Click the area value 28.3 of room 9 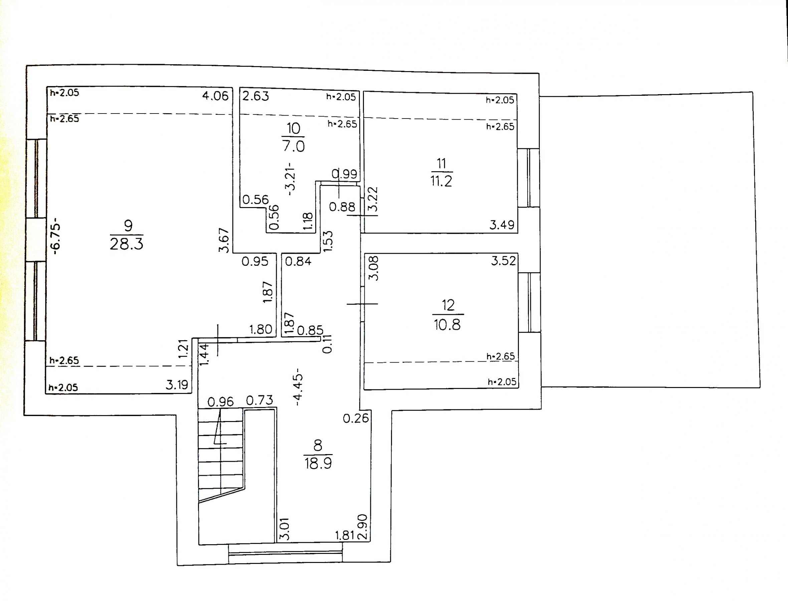(x=126, y=244)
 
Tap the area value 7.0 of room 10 (x=293, y=146)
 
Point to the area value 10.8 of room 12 (x=447, y=325)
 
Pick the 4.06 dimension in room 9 (x=215, y=96)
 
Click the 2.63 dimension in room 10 (x=255, y=96)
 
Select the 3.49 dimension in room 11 (x=502, y=225)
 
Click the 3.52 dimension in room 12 (x=503, y=261)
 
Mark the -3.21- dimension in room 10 (x=291, y=179)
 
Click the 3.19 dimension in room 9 (x=177, y=385)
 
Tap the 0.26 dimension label (x=356, y=418)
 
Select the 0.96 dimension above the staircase (x=220, y=402)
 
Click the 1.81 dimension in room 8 (x=345, y=535)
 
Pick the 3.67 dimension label (x=224, y=240)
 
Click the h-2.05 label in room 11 (x=500, y=100)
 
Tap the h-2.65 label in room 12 (x=501, y=356)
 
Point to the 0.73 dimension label (x=259, y=400)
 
